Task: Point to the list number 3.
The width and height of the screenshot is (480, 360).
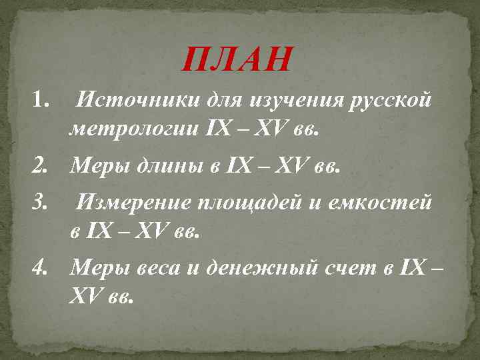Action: [x=41, y=201]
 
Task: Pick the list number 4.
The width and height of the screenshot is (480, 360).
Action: [x=41, y=268]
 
